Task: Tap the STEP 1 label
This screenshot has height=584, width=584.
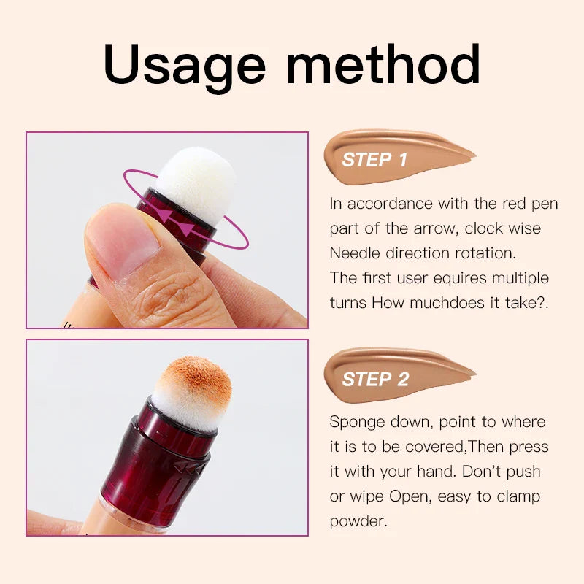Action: [x=374, y=160]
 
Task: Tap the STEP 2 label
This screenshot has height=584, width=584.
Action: [x=374, y=380]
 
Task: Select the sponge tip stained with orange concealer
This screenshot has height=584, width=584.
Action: [x=192, y=391]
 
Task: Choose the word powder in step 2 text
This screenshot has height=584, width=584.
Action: [x=356, y=521]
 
